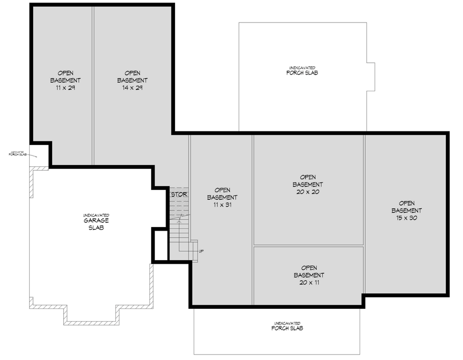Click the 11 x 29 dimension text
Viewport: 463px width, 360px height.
(x=65, y=88)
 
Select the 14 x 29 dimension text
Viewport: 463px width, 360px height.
(x=132, y=88)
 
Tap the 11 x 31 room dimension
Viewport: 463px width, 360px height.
(x=222, y=205)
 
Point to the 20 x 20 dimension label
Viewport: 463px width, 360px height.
(x=308, y=192)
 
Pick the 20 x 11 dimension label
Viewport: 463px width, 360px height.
(x=308, y=282)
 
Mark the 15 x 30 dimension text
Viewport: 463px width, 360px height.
(x=406, y=218)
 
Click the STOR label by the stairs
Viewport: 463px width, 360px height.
(x=179, y=195)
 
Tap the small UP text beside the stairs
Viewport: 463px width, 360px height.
(x=201, y=251)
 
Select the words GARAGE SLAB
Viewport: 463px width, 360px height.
(x=96, y=224)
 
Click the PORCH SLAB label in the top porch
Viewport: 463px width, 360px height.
(x=302, y=73)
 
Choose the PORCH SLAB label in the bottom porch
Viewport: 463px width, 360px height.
(x=287, y=328)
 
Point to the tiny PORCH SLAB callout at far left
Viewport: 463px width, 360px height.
(x=20, y=154)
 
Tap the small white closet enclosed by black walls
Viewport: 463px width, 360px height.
(x=161, y=245)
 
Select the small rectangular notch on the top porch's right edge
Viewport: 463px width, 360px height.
(x=371, y=77)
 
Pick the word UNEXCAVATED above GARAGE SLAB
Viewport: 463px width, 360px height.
(x=96, y=215)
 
